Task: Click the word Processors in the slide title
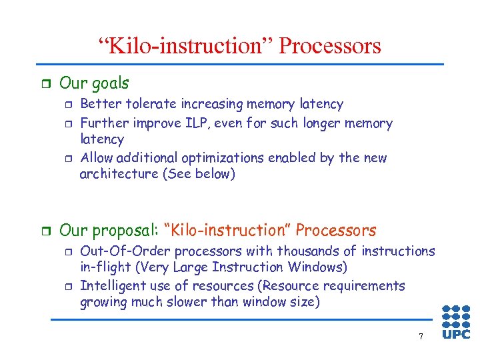pos(330,46)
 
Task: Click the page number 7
pos(421,336)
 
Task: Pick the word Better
pos(99,104)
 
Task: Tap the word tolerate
pos(147,104)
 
